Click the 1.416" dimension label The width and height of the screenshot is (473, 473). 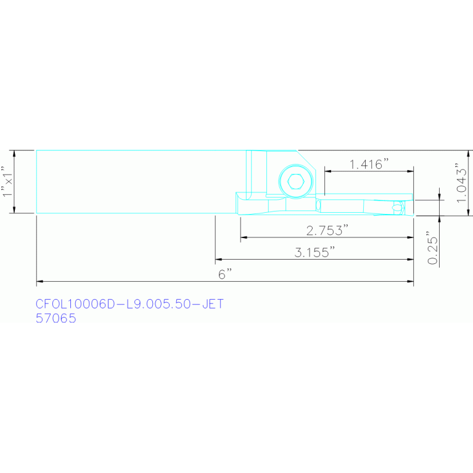coord(369,164)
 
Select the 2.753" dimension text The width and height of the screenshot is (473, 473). coord(327,230)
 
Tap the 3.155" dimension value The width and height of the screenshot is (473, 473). coord(315,252)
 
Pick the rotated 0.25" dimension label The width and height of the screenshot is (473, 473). coord(433,249)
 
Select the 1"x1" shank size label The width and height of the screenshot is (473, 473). coord(7,181)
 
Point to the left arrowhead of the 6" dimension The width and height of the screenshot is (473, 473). coord(39,282)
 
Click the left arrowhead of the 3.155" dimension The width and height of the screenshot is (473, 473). coord(218,260)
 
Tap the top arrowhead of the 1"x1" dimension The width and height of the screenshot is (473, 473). coord(15,152)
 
